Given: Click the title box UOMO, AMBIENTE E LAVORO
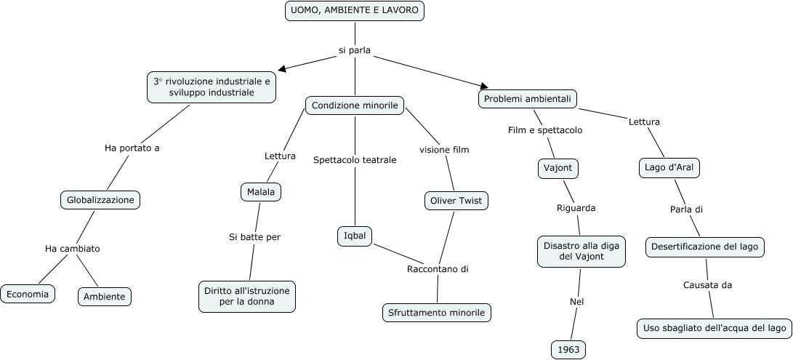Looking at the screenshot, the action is (355, 11).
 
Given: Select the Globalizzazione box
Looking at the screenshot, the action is (100, 199).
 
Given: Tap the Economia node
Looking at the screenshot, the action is (28, 294).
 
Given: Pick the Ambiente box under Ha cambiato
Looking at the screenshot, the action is (104, 296).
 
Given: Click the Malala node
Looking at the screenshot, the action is (260, 192).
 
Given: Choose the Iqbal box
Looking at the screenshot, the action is (355, 236).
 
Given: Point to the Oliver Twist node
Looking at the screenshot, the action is (456, 201).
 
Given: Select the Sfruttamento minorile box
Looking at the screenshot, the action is (436, 313).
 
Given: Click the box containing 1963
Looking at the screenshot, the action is (568, 349).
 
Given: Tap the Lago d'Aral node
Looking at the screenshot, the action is (669, 168).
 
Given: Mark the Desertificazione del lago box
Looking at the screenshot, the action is (704, 247).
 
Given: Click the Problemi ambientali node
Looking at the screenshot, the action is (528, 99).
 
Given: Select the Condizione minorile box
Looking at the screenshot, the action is (355, 105).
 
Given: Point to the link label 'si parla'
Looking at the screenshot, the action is (355, 50).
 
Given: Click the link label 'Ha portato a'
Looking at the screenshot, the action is (132, 148).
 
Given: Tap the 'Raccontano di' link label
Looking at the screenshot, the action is (438, 269).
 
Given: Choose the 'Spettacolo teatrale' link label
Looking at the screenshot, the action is (355, 160).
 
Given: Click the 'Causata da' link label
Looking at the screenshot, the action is (707, 284).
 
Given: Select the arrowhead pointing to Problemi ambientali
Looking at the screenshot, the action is (485, 87).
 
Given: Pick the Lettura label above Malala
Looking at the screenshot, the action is (280, 156).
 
